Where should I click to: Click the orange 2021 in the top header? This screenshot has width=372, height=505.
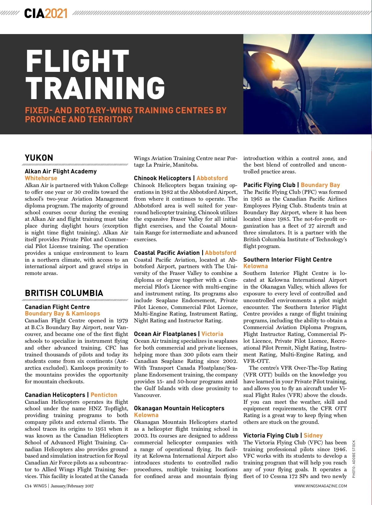(56, 13)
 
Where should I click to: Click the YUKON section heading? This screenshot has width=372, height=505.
(39, 158)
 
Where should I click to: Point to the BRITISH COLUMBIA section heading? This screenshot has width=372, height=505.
(64, 293)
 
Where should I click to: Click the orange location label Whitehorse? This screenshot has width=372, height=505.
(41, 178)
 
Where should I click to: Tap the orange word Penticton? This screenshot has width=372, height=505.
(104, 395)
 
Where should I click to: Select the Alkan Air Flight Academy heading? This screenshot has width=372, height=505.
(61, 171)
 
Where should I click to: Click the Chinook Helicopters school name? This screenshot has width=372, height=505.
(162, 178)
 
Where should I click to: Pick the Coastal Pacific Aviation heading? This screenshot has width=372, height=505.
(167, 253)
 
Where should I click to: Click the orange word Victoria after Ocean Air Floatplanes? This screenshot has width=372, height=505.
(212, 334)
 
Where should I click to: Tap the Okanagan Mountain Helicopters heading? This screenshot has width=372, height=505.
(179, 408)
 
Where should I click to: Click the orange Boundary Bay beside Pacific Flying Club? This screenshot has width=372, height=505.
(320, 185)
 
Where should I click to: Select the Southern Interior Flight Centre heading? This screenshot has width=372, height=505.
(287, 259)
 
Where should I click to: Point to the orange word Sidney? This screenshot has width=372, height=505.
(313, 435)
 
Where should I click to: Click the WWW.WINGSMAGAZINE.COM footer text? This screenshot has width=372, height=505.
(321, 486)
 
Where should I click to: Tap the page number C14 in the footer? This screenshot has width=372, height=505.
(28, 486)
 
